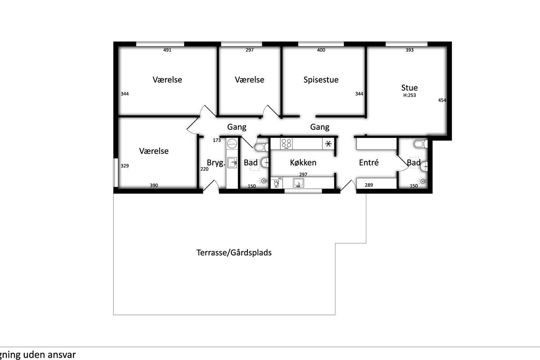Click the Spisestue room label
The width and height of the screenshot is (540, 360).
[321, 80]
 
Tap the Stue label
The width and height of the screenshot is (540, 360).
[409, 88]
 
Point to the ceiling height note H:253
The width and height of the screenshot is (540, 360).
[409, 95]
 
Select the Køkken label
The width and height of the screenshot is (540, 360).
[303, 162]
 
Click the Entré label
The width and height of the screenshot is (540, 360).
[369, 162]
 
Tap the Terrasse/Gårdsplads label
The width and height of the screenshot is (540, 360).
[234, 253]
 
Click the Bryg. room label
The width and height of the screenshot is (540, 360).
[216, 163]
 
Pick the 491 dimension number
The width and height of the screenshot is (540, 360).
[167, 50]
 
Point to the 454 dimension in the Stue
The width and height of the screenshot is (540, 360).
[442, 100]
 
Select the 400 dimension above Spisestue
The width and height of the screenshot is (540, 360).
[321, 50]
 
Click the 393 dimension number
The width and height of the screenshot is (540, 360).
[409, 50]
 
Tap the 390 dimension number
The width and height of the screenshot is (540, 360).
[154, 185]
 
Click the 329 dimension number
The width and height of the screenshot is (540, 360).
[125, 166]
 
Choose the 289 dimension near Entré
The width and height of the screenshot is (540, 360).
[369, 185]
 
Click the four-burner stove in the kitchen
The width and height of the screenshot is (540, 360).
[286, 144]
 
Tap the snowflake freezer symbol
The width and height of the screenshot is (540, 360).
[328, 144]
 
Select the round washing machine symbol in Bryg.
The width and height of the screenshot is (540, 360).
[232, 144]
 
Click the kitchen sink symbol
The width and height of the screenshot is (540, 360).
[298, 183]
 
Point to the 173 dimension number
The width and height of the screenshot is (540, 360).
[217, 140]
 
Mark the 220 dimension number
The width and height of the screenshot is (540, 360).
[204, 169]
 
